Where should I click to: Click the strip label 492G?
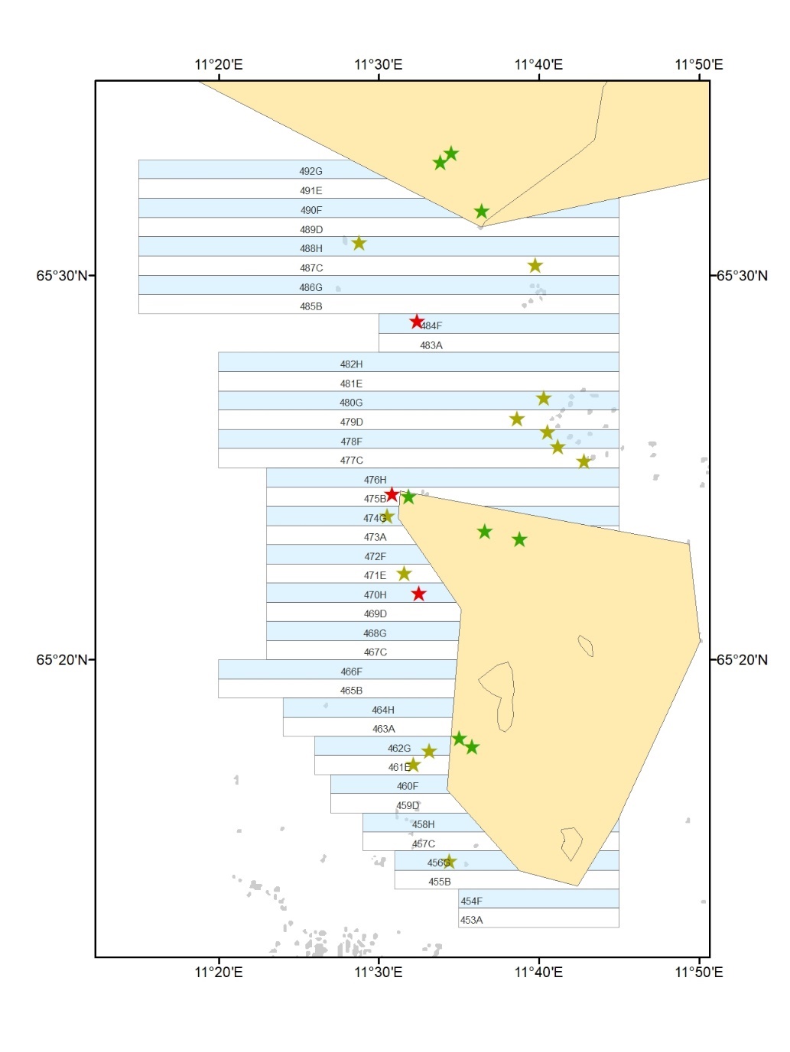(x=310, y=171)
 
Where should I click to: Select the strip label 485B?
(x=310, y=306)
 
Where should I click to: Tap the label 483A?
(x=431, y=345)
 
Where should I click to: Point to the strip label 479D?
(x=351, y=422)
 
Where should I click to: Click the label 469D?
(x=375, y=613)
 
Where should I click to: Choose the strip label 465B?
(x=351, y=691)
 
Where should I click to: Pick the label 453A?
(x=471, y=920)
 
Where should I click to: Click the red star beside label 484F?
(x=417, y=322)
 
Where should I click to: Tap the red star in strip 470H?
(x=418, y=594)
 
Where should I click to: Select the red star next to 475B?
(x=392, y=494)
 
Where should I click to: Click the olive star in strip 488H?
(x=359, y=244)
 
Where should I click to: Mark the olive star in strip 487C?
(x=535, y=266)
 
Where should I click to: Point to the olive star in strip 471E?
(x=404, y=574)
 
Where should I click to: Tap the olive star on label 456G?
(x=450, y=862)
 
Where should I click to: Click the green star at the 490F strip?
(x=481, y=212)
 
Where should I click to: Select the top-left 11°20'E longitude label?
(x=218, y=65)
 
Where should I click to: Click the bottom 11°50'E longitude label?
(x=698, y=972)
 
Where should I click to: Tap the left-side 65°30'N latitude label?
(x=62, y=276)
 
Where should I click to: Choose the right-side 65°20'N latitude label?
(x=741, y=659)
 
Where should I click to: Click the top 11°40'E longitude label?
(x=538, y=65)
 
